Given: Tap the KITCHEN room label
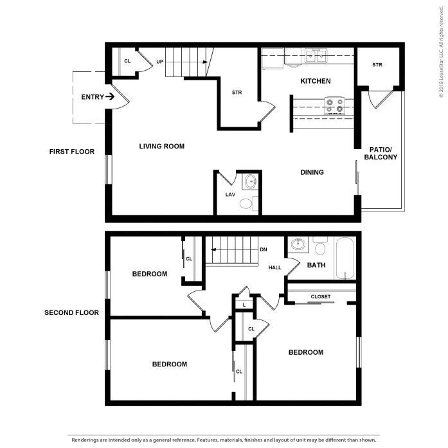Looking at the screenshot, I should (316, 81).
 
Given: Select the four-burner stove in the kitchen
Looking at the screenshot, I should (334, 105).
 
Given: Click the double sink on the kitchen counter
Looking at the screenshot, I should (315, 57).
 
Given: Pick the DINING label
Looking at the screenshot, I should (312, 172).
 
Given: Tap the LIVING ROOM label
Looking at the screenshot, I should (162, 147).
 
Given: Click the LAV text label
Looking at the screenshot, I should (229, 194).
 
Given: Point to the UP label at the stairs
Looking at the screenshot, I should (159, 62).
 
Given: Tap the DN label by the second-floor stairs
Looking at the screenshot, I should (263, 249).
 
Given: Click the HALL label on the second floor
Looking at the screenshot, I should (275, 267).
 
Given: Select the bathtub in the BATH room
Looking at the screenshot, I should (345, 260).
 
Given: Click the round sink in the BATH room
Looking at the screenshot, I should (298, 245).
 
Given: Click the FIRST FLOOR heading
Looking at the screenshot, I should (72, 152).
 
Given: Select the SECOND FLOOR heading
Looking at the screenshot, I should (71, 313).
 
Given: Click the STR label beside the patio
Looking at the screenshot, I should (378, 65).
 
